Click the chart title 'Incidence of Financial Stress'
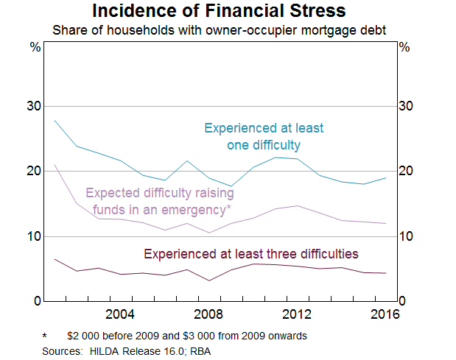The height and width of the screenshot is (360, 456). [228, 12]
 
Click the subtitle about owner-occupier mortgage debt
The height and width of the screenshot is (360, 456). [228, 30]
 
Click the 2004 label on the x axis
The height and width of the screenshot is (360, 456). [120, 314]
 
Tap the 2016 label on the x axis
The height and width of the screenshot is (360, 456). [383, 314]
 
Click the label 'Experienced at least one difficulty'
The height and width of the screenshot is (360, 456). [264, 136]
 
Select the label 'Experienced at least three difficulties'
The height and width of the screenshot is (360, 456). [250, 254]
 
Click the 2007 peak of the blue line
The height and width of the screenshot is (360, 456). [187, 160]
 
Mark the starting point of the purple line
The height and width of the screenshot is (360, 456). [55, 165]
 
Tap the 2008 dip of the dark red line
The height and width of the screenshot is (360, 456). [209, 280]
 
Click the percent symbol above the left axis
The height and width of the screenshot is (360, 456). [35, 47]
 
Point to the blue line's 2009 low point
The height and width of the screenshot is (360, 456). [231, 186]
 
